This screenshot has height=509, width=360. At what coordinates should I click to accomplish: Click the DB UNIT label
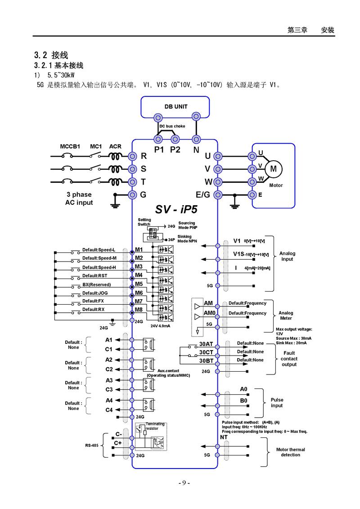[175, 107]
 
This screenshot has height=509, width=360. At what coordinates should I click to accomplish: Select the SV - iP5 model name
[176, 209]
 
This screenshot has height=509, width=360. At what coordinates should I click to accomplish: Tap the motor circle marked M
[273, 169]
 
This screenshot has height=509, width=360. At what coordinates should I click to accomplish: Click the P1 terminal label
[159, 150]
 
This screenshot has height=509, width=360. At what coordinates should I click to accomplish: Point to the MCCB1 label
[70, 147]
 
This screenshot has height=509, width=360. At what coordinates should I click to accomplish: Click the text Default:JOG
[95, 293]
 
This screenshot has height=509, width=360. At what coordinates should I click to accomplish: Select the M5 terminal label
[139, 284]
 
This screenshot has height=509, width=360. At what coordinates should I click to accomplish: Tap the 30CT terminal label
[206, 352]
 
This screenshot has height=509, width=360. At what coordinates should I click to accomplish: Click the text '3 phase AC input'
[79, 198]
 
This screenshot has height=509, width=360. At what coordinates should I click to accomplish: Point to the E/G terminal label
[203, 194]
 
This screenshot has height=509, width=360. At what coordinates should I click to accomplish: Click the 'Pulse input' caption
[277, 403]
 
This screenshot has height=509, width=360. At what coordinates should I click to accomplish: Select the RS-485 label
[92, 446]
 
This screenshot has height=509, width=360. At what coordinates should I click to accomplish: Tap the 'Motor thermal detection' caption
[290, 452]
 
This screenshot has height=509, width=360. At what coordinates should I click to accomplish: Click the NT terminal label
[224, 437]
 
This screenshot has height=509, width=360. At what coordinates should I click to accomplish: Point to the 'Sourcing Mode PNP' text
[187, 225]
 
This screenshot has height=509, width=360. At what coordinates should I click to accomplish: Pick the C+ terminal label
[118, 443]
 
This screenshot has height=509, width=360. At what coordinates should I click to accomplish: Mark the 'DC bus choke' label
[172, 126]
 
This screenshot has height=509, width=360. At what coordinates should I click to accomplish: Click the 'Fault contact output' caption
[289, 359]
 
